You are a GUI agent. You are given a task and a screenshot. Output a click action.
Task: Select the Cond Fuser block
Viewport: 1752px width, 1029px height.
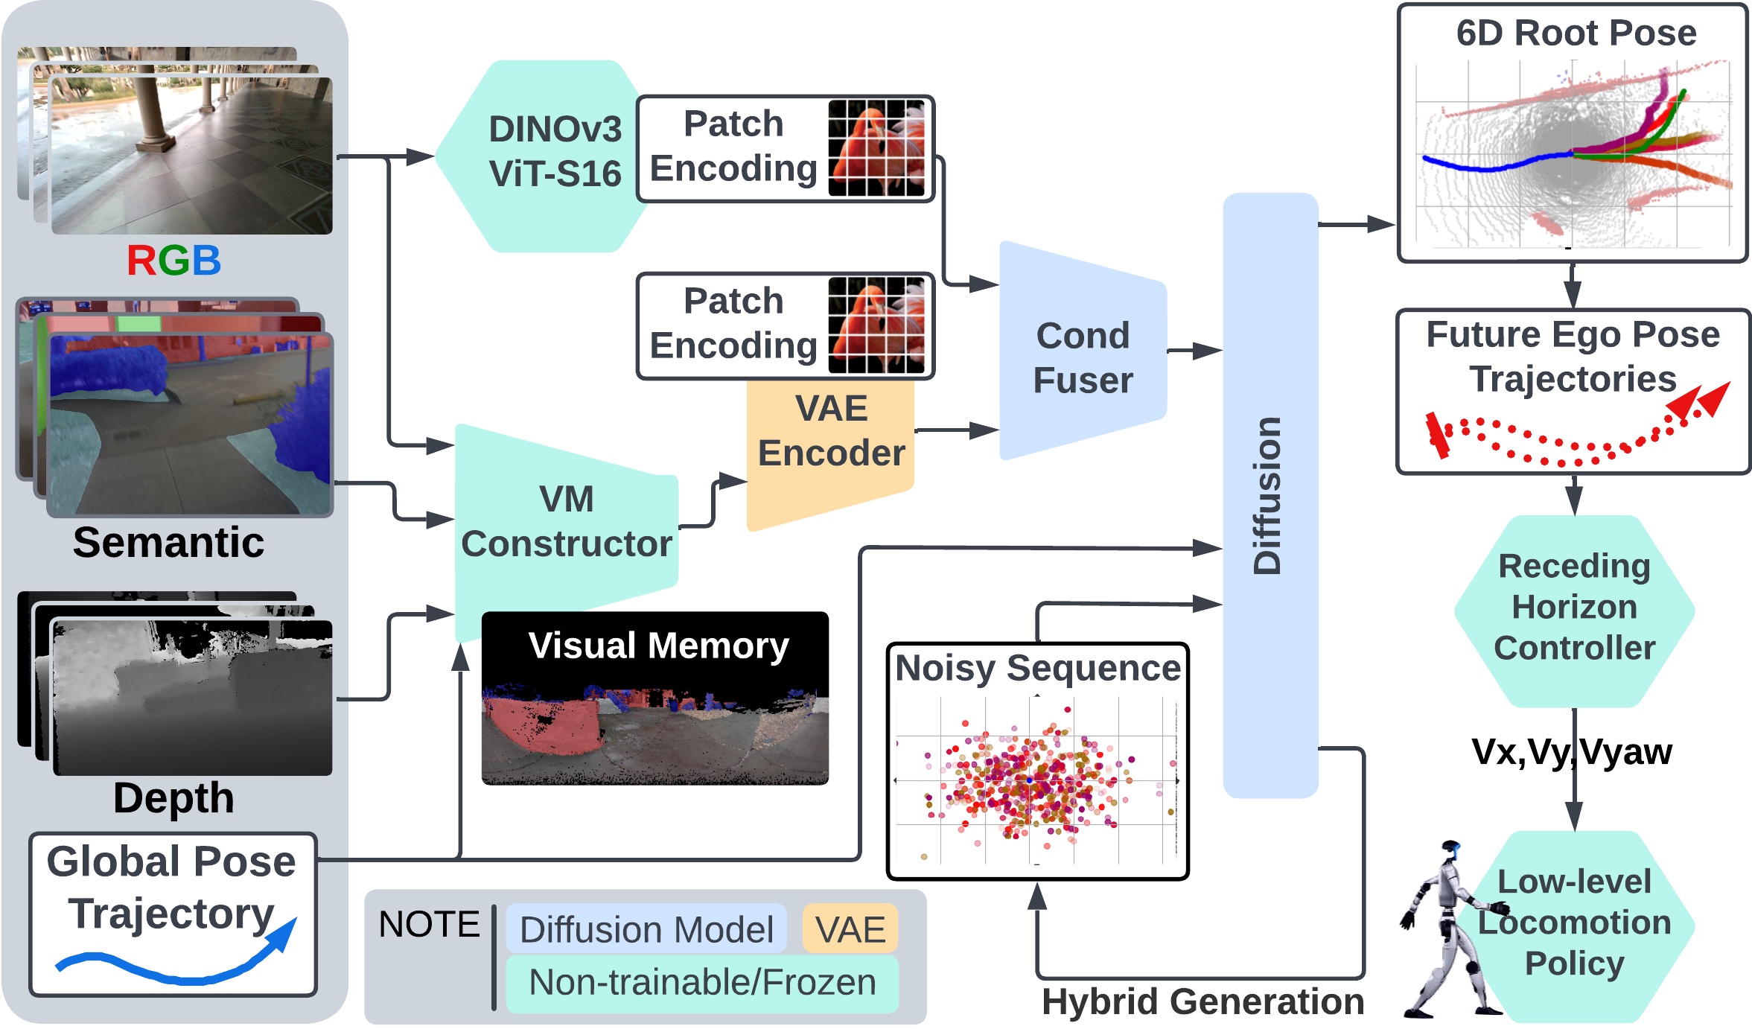tap(1083, 357)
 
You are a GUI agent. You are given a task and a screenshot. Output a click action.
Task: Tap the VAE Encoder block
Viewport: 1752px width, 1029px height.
tap(831, 439)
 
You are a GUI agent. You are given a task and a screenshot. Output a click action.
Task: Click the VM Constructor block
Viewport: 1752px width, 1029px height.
tap(566, 521)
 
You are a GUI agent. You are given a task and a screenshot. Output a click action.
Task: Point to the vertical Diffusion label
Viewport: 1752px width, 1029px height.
tap(1268, 495)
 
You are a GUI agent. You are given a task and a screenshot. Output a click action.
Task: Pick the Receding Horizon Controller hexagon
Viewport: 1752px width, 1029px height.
tap(1574, 608)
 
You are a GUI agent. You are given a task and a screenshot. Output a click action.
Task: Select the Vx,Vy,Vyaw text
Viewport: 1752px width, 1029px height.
tap(1571, 752)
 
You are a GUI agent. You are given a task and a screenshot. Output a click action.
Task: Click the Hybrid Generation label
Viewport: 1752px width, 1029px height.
tap(1202, 1001)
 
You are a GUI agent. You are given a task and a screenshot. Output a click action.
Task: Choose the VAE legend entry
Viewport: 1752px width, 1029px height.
tap(850, 929)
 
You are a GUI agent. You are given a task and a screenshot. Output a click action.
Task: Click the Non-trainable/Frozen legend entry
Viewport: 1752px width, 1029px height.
tap(702, 983)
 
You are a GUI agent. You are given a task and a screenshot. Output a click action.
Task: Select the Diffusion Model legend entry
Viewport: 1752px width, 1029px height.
tap(646, 929)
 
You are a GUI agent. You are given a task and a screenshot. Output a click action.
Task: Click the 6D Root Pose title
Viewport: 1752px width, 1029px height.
tap(1576, 34)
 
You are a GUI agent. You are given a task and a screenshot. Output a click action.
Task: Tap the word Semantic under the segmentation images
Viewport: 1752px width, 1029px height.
tap(168, 542)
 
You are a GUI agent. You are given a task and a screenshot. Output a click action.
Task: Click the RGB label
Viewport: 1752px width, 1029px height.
tap(173, 261)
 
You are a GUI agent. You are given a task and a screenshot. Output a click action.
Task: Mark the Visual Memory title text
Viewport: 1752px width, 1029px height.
tap(658, 646)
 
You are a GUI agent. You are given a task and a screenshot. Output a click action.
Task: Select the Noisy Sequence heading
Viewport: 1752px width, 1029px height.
tap(1037, 668)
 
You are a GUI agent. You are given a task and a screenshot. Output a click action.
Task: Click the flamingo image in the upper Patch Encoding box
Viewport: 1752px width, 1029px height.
tap(876, 149)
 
